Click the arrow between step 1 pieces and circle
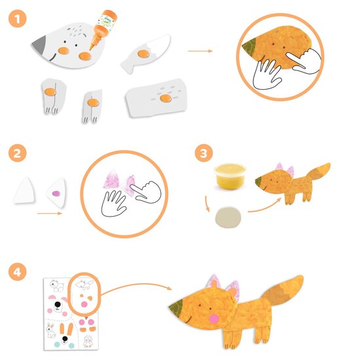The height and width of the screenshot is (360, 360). coord(200,50)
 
